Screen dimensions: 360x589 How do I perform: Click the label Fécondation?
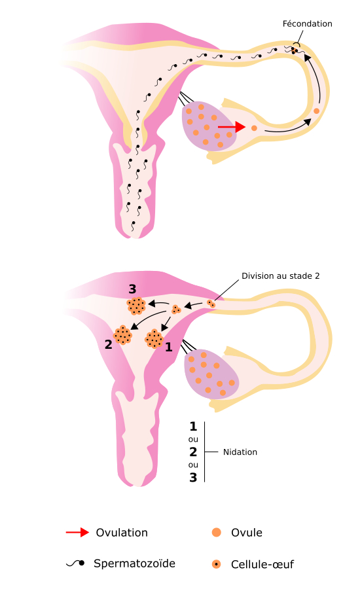coord(307,24)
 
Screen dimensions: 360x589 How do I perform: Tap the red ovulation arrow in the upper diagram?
coord(232,127)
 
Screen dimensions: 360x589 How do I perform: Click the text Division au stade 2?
coord(280,276)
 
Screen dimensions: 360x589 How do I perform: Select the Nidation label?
coord(240,452)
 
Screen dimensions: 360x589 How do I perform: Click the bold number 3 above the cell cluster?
coord(132,289)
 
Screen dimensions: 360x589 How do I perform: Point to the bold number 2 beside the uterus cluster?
coord(108,344)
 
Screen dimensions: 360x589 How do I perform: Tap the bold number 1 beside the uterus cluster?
coord(169,347)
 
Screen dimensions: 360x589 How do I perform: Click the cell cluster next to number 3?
coord(136,306)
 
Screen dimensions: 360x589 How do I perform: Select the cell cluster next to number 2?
coord(122,334)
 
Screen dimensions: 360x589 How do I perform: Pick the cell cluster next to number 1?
coord(154,339)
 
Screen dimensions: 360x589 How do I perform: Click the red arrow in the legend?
coord(77,532)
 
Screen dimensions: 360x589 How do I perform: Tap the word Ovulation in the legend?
coord(122,533)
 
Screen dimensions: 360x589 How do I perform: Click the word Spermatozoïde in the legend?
coord(134,563)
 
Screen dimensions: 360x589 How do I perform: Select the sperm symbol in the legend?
coord(75,563)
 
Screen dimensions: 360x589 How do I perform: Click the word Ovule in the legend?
coord(247,533)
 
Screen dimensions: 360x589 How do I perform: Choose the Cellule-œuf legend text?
coord(262,564)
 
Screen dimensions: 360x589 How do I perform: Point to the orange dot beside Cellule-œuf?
coord(217,564)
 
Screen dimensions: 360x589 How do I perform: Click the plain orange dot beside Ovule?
coord(217,532)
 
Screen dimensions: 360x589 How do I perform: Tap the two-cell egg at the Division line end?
coord(211,304)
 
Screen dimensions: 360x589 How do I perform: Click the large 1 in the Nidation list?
coord(193,426)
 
